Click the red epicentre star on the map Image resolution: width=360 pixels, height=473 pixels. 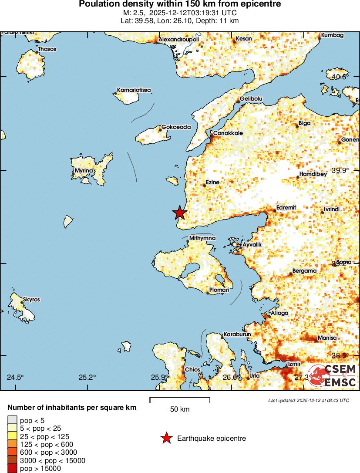179,213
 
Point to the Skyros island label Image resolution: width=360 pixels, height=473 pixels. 32,300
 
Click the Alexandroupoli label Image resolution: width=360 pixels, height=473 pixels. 178,40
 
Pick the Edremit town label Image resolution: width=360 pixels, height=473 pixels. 286,208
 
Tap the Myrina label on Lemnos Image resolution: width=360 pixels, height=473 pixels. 84,171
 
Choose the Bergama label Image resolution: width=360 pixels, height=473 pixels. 304,271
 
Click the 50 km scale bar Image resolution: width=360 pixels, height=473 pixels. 180,399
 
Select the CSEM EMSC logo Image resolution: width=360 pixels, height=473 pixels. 333,375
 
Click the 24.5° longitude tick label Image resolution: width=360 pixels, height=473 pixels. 16,377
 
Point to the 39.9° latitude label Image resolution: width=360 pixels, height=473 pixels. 340,170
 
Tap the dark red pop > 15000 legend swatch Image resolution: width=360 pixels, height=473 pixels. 12,469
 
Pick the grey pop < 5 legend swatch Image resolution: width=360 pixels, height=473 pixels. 12,420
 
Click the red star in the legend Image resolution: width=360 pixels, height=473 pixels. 166,438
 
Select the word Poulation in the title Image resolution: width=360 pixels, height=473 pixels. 98,4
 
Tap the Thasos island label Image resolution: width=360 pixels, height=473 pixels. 47,49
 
